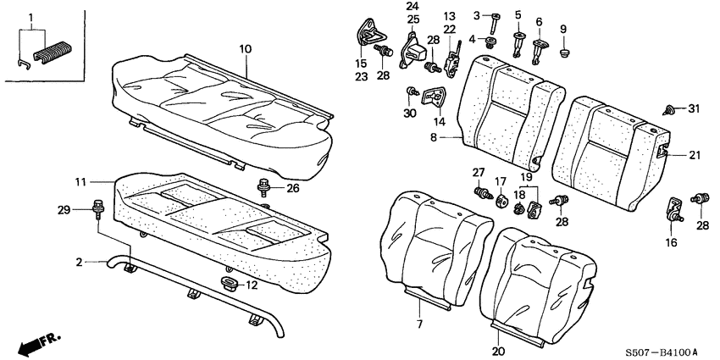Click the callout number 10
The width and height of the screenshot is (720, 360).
click(x=245, y=50)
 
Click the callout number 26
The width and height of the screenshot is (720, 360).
click(x=292, y=188)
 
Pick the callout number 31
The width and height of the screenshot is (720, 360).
click(x=695, y=108)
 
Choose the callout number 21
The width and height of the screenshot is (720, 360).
click(x=694, y=154)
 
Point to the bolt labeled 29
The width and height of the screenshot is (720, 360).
click(x=96, y=207)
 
